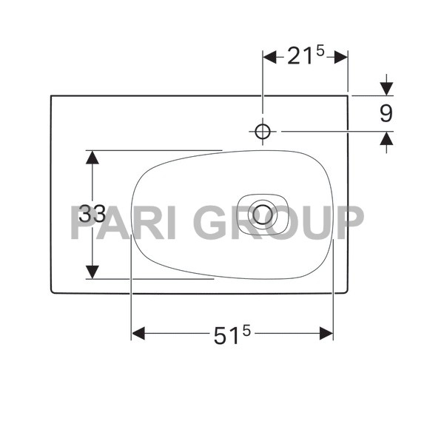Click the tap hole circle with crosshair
pyautogui.click(x=262, y=131)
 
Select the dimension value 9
pyautogui.click(x=385, y=114)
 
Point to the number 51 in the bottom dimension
pyautogui.click(x=227, y=336)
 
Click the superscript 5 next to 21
pyautogui.click(x=320, y=51)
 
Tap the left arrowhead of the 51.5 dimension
pyautogui.click(x=138, y=334)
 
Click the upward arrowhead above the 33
pyautogui.click(x=92, y=157)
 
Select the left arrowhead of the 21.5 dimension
pyautogui.click(x=269, y=57)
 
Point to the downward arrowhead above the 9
pyautogui.click(x=386, y=89)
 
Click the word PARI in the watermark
pyautogui.click(x=124, y=222)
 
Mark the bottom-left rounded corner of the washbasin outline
pyautogui.click(x=53, y=291)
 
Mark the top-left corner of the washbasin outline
pyautogui.click(x=51, y=95)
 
